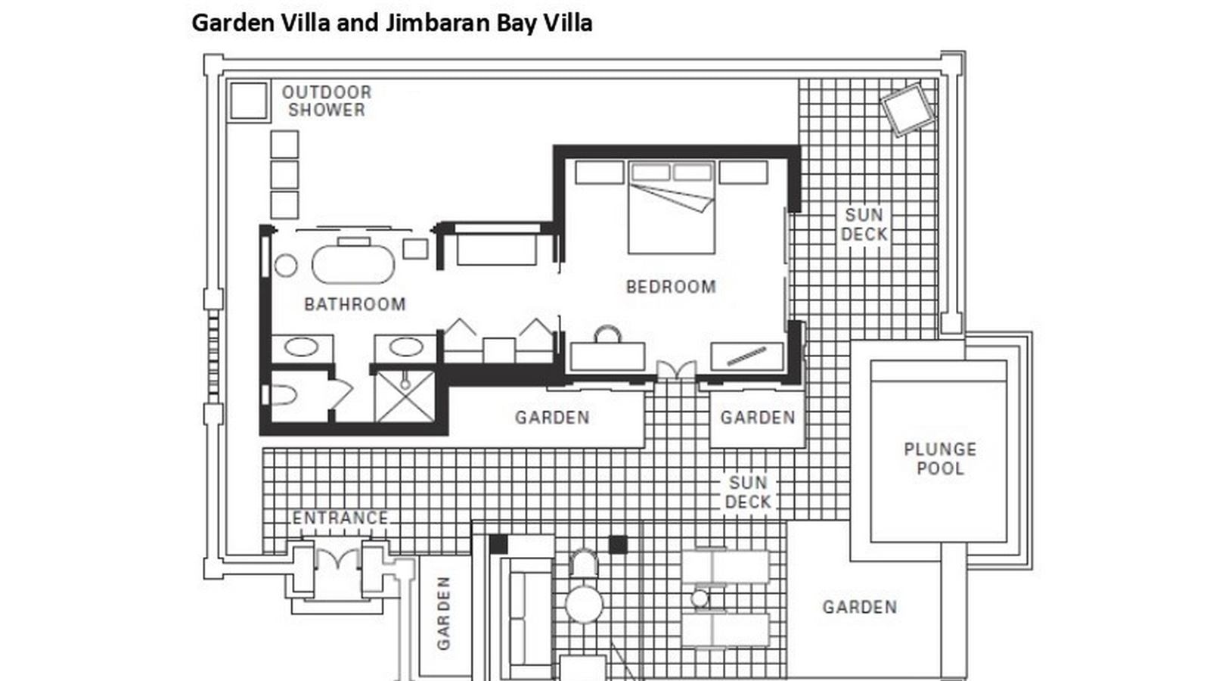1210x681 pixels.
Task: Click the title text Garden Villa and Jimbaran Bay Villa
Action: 392,23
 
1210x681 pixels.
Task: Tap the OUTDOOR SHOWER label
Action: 327,101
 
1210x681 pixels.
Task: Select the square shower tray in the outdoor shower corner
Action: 248,101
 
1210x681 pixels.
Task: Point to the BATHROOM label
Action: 355,304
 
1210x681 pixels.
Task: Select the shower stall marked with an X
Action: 405,396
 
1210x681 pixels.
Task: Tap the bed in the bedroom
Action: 672,208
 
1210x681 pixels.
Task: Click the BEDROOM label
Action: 671,287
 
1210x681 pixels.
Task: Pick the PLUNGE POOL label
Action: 940,459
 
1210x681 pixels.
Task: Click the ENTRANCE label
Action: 340,518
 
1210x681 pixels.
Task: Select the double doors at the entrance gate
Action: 337,562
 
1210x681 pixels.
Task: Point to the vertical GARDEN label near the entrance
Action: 444,613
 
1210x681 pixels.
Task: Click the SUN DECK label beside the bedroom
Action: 864,225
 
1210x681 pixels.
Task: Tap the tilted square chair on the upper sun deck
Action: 907,109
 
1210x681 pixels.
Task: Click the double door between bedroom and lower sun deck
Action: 676,371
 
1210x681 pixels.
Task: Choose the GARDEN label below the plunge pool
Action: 860,607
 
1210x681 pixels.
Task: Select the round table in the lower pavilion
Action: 583,603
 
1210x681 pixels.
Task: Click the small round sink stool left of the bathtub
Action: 285,265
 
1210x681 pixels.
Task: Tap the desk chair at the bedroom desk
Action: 607,334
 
